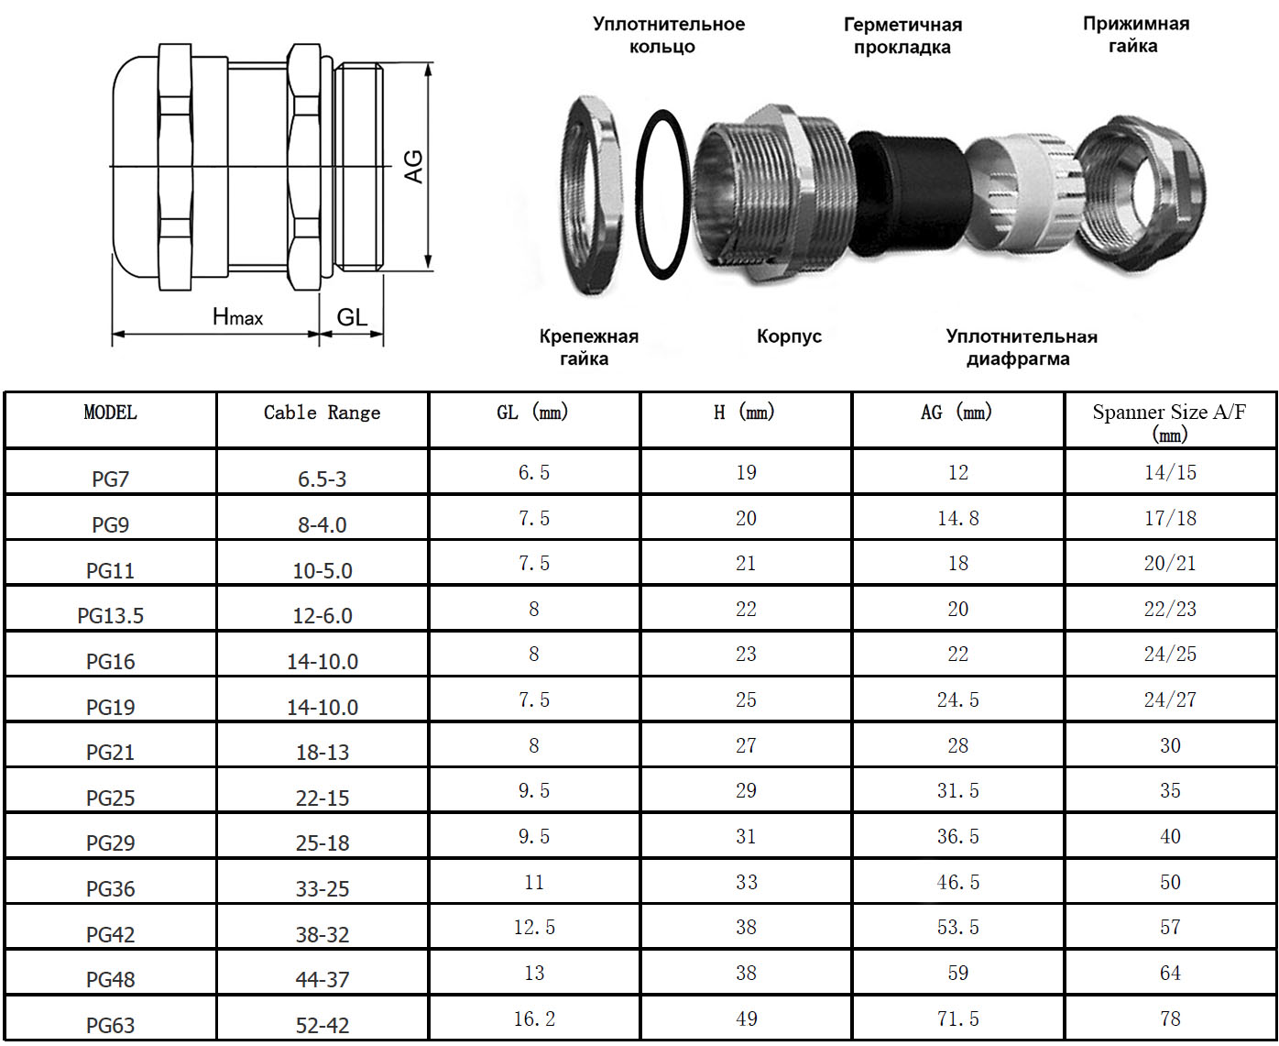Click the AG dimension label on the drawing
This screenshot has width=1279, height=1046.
click(413, 166)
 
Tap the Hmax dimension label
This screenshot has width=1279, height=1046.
click(237, 316)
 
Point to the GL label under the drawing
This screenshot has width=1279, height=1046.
click(352, 316)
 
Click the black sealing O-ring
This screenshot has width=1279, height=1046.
click(662, 194)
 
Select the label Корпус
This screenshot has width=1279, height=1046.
click(789, 336)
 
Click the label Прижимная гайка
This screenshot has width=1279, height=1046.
click(1136, 35)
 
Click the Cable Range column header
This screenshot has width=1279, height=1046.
click(322, 413)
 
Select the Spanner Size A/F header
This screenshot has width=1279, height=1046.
click(1169, 423)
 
